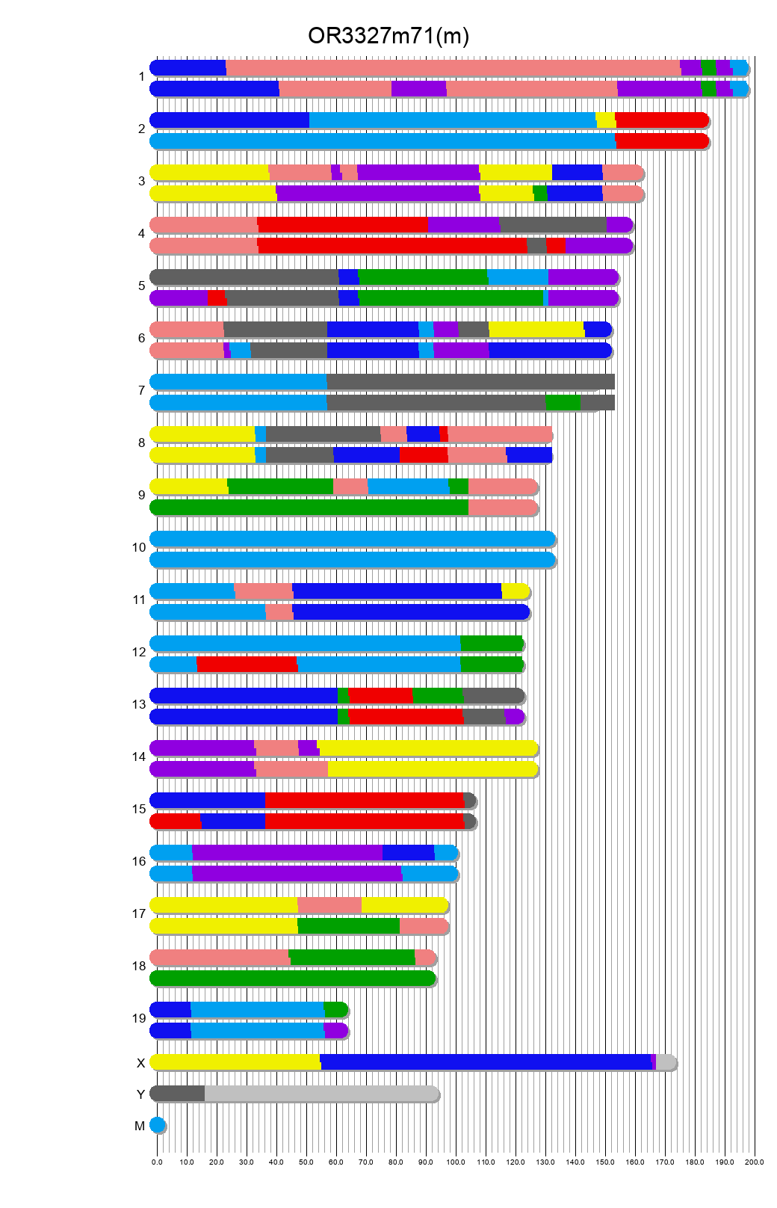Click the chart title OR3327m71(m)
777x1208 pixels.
click(388, 36)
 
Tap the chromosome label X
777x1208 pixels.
click(140, 1063)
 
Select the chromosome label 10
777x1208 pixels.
click(139, 547)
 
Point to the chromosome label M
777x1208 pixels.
click(140, 1126)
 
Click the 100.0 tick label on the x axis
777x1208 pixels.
click(456, 1162)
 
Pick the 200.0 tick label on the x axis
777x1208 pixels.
click(755, 1162)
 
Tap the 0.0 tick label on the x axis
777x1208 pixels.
click(157, 1162)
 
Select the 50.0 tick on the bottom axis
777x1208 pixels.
click(306, 1162)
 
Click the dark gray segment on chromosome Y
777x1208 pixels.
click(178, 1094)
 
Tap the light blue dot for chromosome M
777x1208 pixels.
click(157, 1125)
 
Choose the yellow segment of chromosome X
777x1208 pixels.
click(235, 1062)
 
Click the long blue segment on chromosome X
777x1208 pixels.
click(486, 1062)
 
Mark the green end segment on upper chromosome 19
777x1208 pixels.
click(335, 1010)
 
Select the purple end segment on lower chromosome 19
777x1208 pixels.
click(335, 1031)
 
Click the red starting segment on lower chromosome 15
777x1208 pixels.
click(176, 822)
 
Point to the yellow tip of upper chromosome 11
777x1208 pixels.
click(515, 591)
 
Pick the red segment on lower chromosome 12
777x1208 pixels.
click(247, 665)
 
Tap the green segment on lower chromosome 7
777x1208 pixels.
click(563, 403)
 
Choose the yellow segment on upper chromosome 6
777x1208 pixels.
click(536, 330)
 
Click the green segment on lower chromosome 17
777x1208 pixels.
click(348, 926)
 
